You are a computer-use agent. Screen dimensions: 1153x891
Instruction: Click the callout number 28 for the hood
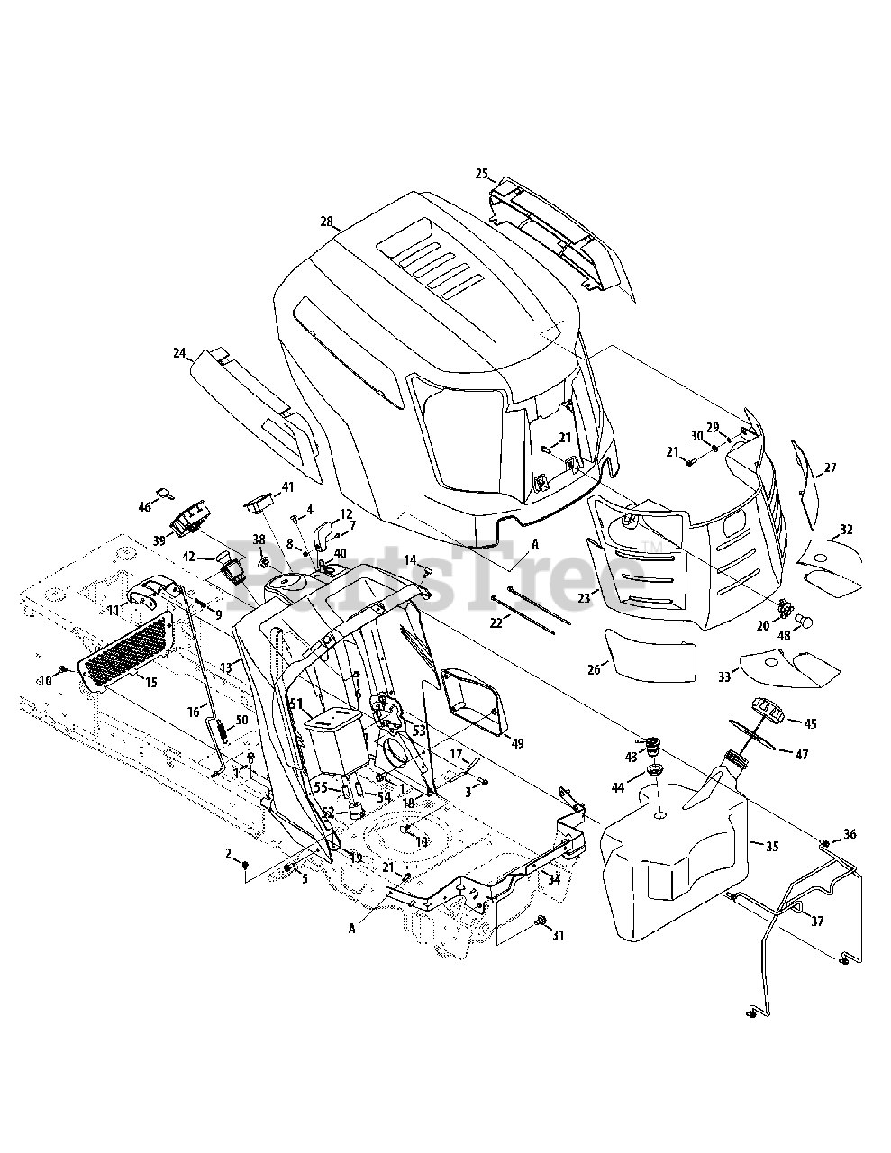coord(326,222)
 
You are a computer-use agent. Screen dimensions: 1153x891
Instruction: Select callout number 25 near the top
coord(481,173)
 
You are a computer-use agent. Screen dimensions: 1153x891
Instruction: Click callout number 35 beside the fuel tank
coord(772,847)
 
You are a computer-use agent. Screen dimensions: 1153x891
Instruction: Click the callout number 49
coord(517,743)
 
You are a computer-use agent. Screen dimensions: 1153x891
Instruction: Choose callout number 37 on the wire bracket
coord(817,921)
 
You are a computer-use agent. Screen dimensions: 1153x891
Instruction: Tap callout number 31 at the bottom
coord(558,936)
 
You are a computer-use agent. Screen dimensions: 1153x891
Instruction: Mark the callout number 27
coord(830,468)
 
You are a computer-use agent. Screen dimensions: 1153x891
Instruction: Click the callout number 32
coord(846,530)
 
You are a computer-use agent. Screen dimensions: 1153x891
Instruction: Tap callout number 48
coord(783,635)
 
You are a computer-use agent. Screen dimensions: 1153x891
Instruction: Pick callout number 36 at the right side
coord(850,833)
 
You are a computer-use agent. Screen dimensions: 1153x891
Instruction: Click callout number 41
coord(287,487)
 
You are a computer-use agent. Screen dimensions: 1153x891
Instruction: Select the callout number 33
coord(724,677)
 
